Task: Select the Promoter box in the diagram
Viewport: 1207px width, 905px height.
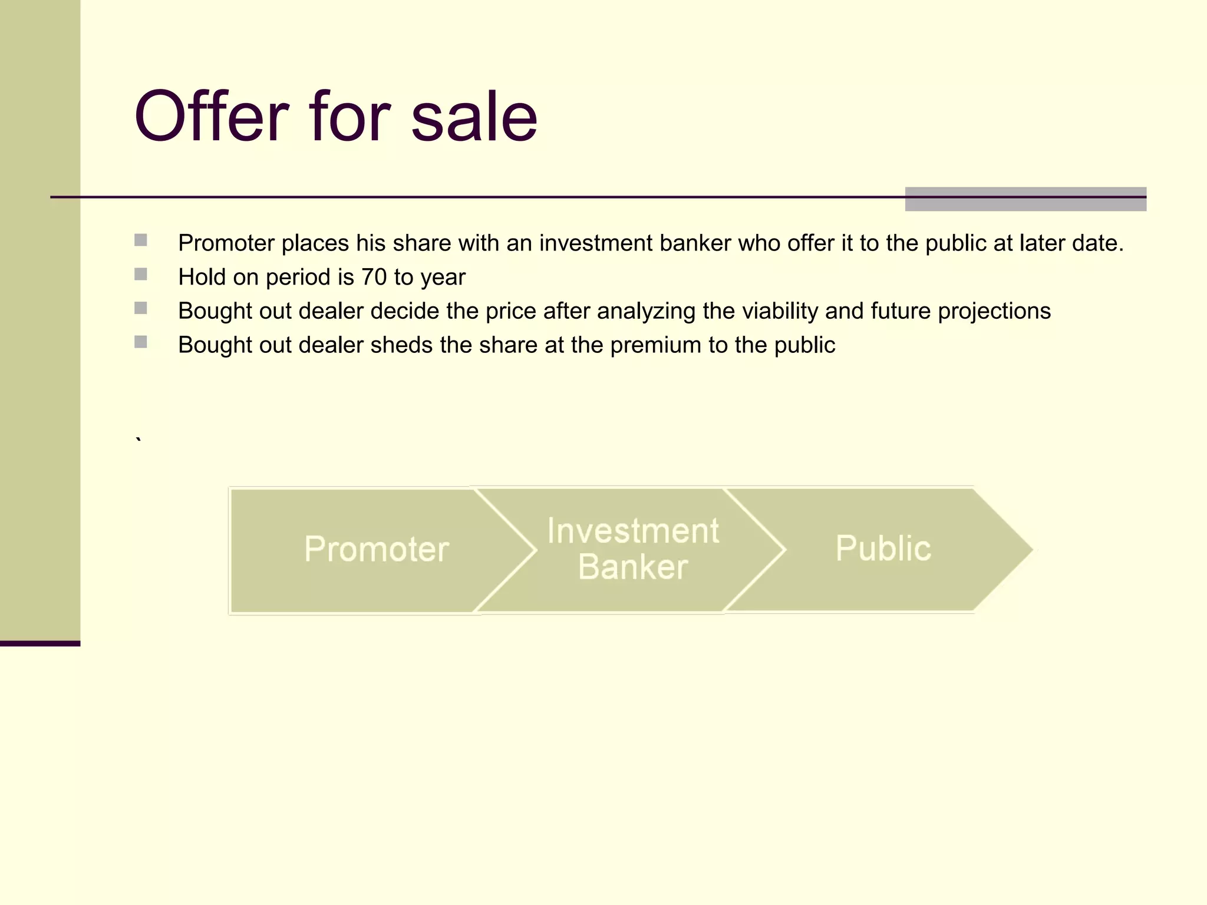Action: click(376, 549)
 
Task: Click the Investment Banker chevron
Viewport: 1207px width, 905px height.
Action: click(632, 549)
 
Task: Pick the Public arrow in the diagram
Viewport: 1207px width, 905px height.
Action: click(883, 549)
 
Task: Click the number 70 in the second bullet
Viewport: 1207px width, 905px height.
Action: click(374, 277)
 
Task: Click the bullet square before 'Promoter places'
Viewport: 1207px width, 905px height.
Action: click(141, 240)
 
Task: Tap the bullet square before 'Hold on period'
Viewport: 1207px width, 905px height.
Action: click(141, 274)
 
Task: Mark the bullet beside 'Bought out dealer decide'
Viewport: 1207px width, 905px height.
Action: click(141, 308)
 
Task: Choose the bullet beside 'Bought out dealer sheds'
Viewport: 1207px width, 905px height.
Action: click(141, 342)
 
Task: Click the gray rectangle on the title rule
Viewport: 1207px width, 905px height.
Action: click(1025, 199)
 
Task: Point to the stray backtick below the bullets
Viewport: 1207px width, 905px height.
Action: click(138, 440)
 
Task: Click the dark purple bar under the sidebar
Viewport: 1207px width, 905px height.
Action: click(40, 643)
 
